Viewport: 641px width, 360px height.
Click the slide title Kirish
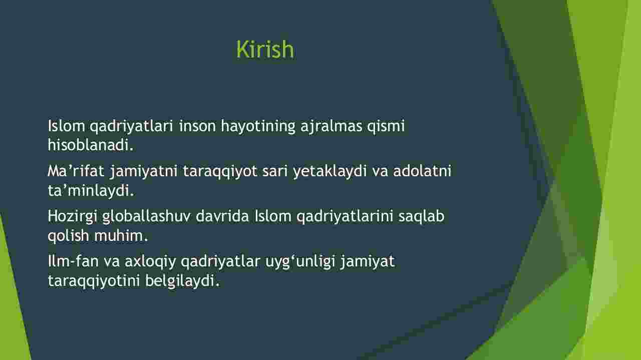265,49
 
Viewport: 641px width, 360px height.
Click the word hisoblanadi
91,145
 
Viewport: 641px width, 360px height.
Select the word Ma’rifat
76,171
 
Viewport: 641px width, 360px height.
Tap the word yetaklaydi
330,172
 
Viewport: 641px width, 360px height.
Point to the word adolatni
422,171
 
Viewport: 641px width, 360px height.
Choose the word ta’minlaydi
91,190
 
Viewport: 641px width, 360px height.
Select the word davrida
222,216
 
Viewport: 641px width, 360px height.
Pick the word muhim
121,235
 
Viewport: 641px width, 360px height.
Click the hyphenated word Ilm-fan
73,261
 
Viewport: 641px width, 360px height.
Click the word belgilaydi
182,281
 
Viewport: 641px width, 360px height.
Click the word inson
197,126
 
